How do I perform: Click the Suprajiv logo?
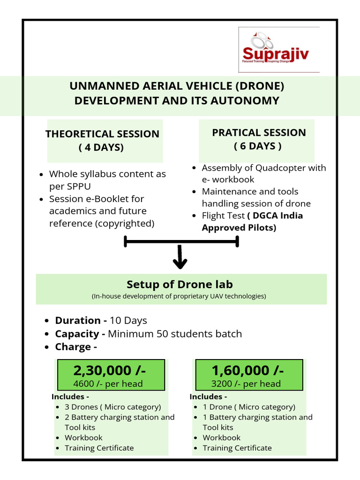[279, 50]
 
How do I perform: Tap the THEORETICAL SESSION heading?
[102, 134]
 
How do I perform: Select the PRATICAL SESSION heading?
[259, 133]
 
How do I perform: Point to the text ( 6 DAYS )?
[258, 146]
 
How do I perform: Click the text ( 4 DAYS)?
[101, 148]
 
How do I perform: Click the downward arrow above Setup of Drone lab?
[180, 258]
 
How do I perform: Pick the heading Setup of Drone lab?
[180, 285]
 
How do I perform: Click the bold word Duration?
[77, 321]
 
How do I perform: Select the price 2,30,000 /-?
[110, 370]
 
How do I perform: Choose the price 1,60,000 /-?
[247, 370]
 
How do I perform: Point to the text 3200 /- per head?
[246, 384]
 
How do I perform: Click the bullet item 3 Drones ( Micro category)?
[112, 407]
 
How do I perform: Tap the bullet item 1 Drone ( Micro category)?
[249, 407]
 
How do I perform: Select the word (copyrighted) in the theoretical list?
[125, 224]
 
